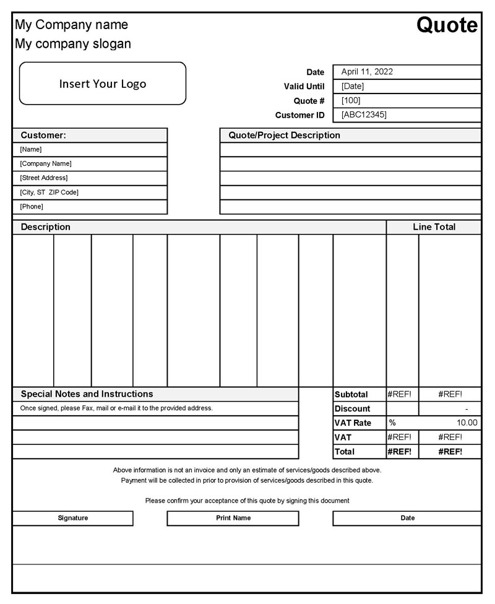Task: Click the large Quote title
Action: [447, 25]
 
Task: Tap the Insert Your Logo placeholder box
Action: [103, 84]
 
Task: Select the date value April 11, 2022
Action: [367, 72]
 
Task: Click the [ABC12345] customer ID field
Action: [364, 114]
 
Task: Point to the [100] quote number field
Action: [351, 100]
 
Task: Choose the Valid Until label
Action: [304, 87]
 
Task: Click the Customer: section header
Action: [43, 135]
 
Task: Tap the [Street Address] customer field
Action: [44, 178]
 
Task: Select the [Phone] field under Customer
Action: [32, 207]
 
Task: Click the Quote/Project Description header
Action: [284, 135]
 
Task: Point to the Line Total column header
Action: [434, 227]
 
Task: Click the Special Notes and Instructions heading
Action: [87, 394]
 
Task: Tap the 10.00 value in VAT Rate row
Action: [467, 423]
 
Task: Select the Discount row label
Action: [352, 409]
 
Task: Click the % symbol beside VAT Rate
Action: [392, 423]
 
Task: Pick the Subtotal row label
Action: [351, 395]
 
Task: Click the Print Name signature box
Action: [233, 518]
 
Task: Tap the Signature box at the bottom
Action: [73, 518]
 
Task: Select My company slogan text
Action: [73, 44]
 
